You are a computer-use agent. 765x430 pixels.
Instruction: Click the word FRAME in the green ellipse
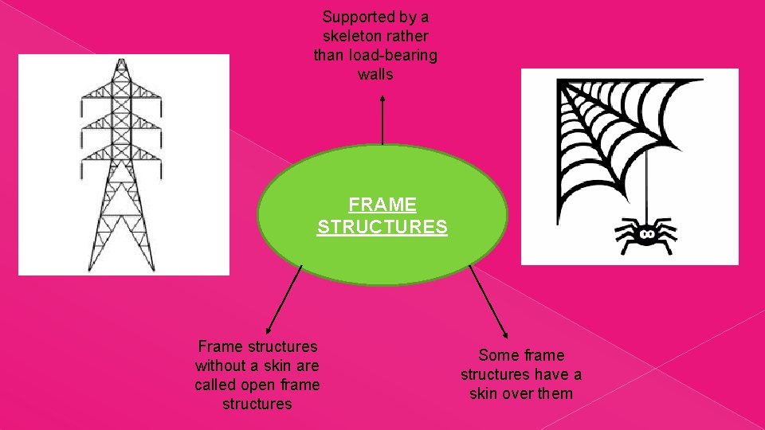coord(382,205)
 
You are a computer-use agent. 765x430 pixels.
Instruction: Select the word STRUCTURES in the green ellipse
coord(382,227)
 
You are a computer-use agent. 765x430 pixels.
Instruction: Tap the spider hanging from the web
coord(645,233)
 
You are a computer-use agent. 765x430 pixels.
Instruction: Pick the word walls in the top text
coord(375,74)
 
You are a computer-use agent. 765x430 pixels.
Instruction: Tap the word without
coord(223,365)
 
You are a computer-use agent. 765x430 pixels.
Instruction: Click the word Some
coord(499,355)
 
